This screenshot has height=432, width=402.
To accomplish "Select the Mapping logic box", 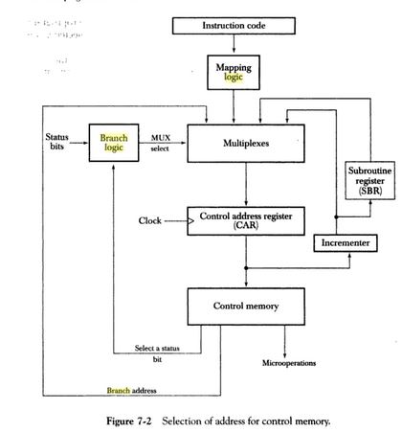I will tap(234, 70).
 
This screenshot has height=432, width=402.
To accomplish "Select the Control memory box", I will tap(246, 307).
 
